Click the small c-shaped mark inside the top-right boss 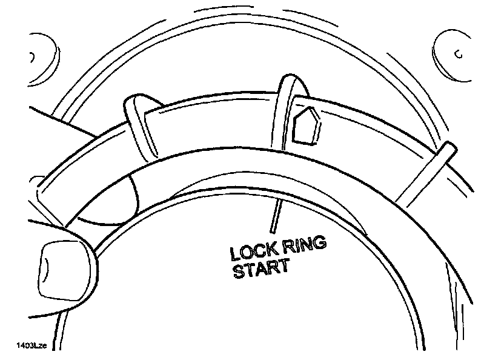pyautogui.click(x=459, y=55)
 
